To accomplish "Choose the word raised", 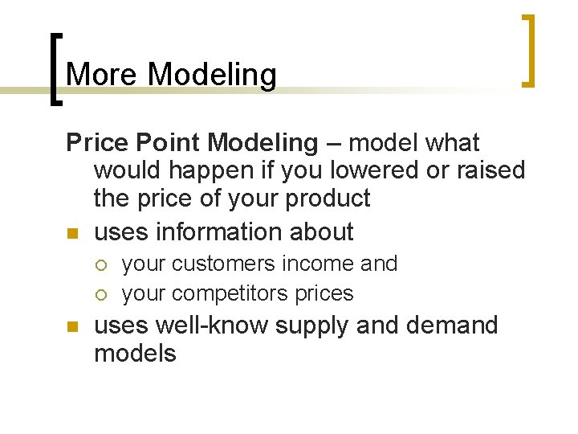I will tap(485, 170).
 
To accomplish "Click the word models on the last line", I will tap(135, 354).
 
